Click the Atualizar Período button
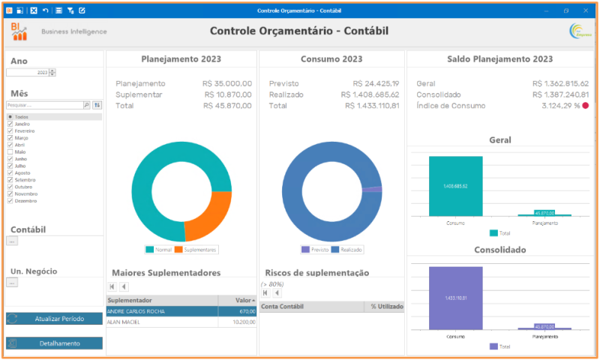click(x=54, y=319)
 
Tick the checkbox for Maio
click(x=10, y=152)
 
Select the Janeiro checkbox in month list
click(x=10, y=124)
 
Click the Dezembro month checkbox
click(x=10, y=201)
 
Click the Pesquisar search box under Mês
click(x=43, y=106)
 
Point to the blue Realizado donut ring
click(x=300, y=217)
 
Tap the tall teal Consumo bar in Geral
click(x=455, y=186)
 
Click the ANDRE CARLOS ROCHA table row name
click(x=136, y=310)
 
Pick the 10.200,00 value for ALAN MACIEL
click(x=242, y=322)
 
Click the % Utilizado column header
click(x=385, y=306)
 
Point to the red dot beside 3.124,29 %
click(x=585, y=106)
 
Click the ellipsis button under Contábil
click(x=11, y=241)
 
